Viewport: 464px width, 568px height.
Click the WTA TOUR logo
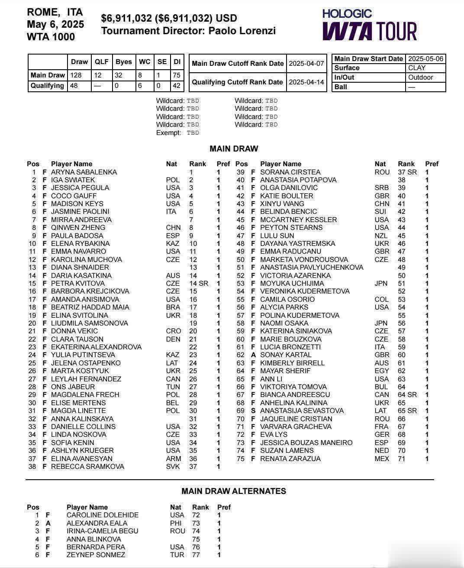tap(369, 26)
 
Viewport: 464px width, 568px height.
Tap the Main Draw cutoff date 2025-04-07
tap(306, 63)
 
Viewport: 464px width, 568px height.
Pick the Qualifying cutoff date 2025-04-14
tap(306, 82)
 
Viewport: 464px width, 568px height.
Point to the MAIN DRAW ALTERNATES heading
tap(234, 491)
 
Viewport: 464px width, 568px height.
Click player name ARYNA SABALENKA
tap(84, 172)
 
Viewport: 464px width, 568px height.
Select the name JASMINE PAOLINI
tap(80, 212)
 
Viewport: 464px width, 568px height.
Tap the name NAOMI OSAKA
tap(284, 323)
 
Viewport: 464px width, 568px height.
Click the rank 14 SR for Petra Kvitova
tap(199, 283)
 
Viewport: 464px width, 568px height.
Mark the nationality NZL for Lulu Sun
tap(381, 236)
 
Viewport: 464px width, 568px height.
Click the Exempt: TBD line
tap(177, 133)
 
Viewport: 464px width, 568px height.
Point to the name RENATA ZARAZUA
tap(290, 458)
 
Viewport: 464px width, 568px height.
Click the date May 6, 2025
tap(55, 24)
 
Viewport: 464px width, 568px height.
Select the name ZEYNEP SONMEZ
tap(96, 555)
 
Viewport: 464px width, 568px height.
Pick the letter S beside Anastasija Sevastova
tap(253, 410)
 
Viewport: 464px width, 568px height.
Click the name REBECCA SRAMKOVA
tap(87, 466)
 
